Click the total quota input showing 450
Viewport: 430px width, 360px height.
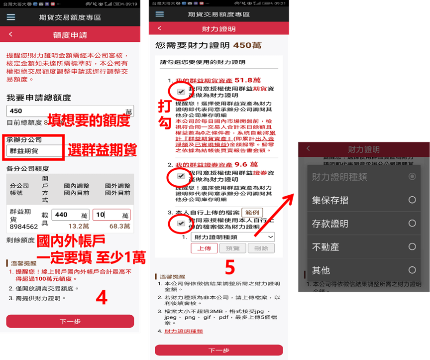[x=65, y=111]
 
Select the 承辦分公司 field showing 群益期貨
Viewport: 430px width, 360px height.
[x=33, y=150]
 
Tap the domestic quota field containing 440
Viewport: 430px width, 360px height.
[x=70, y=215]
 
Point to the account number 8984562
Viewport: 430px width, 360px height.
[x=24, y=227]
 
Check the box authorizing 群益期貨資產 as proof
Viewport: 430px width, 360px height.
[x=181, y=92]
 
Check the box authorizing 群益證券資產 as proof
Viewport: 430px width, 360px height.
[x=181, y=175]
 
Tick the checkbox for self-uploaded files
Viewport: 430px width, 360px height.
[x=181, y=224]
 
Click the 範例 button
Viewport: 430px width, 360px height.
[x=252, y=213]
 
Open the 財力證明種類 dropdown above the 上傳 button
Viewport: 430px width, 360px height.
[x=233, y=237]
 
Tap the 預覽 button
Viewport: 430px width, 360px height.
[x=232, y=248]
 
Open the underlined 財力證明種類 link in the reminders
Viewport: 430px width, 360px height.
[x=184, y=331]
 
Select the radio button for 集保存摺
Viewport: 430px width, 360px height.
[x=412, y=200]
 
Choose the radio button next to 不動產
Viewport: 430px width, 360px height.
[x=412, y=246]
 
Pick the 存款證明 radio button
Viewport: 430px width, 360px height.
[x=412, y=223]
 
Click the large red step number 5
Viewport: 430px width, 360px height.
[x=229, y=268]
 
